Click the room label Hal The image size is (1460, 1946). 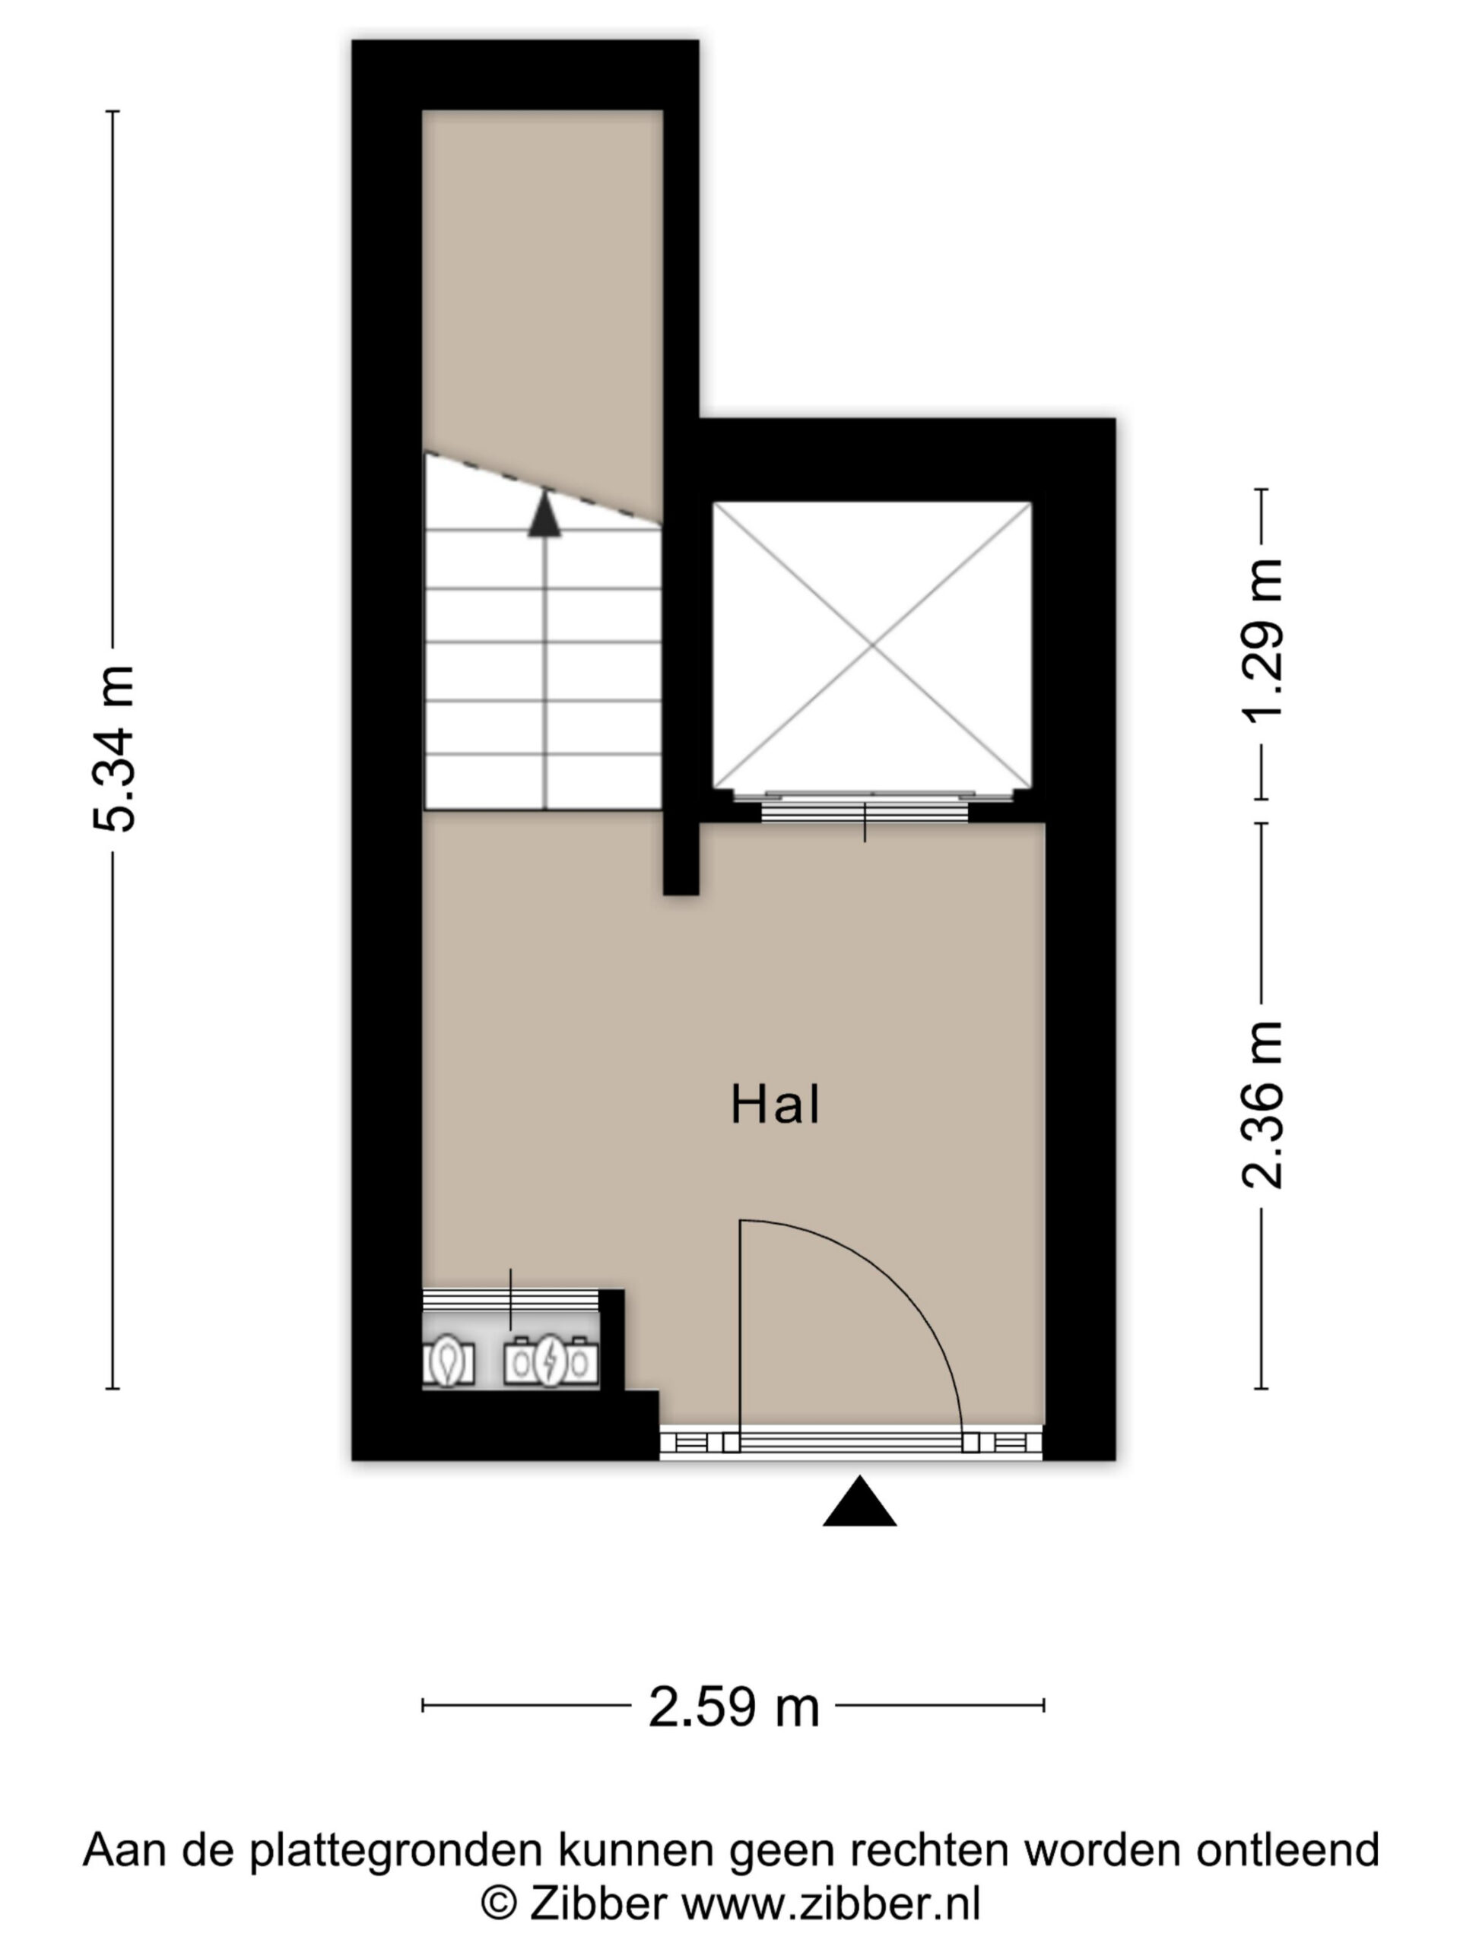(776, 1105)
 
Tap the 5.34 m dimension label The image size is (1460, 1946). (113, 749)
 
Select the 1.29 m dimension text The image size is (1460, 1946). (1262, 639)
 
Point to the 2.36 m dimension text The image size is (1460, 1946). (1262, 1105)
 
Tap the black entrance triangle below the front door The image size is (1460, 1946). (860, 1502)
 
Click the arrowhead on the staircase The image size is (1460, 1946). (544, 514)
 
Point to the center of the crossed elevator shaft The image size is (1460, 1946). (872, 645)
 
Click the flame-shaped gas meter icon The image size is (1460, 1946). (449, 1360)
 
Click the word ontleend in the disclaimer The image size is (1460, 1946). (1287, 1849)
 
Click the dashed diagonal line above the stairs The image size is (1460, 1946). (543, 489)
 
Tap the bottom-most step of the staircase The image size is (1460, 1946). (543, 781)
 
